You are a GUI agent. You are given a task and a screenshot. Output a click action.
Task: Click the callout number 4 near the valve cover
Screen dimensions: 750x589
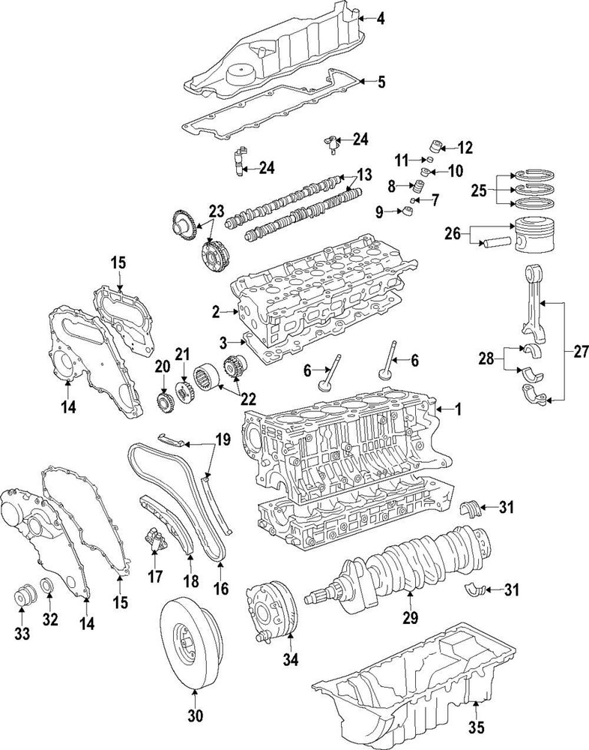(381, 19)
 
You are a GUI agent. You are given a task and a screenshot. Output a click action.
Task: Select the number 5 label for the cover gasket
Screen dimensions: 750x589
(381, 82)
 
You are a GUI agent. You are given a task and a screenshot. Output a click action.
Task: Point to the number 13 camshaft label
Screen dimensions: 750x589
(364, 175)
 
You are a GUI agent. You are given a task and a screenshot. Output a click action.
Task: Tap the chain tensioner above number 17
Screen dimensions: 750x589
(155, 539)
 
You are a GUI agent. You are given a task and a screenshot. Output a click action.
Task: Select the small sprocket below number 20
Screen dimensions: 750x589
(163, 400)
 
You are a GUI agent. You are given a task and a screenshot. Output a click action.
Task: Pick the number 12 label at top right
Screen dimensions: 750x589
(465, 146)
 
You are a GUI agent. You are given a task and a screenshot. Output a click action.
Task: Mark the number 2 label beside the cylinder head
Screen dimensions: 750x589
(215, 310)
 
